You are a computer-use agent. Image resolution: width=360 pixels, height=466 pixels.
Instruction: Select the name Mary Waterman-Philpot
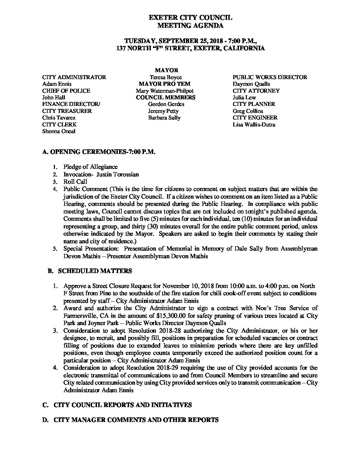[165, 91]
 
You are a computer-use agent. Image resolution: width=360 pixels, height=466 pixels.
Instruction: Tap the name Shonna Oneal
[59, 131]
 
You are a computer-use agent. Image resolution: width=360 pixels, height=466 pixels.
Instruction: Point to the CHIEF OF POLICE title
[66, 91]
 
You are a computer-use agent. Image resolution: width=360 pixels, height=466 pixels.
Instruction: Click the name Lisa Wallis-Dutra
[254, 124]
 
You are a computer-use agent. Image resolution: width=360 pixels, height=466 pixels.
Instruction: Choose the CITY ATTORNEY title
[256, 91]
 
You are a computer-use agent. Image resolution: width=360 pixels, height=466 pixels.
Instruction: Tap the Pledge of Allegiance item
[91, 167]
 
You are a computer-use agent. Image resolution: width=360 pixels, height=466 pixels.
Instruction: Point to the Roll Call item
[75, 182]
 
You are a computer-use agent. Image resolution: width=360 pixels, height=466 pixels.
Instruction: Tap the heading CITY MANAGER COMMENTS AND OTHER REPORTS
[136, 420]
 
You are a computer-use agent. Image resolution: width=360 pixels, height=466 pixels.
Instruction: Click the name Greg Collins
[248, 111]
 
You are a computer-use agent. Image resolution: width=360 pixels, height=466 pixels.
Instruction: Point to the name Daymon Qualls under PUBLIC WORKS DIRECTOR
[251, 84]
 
